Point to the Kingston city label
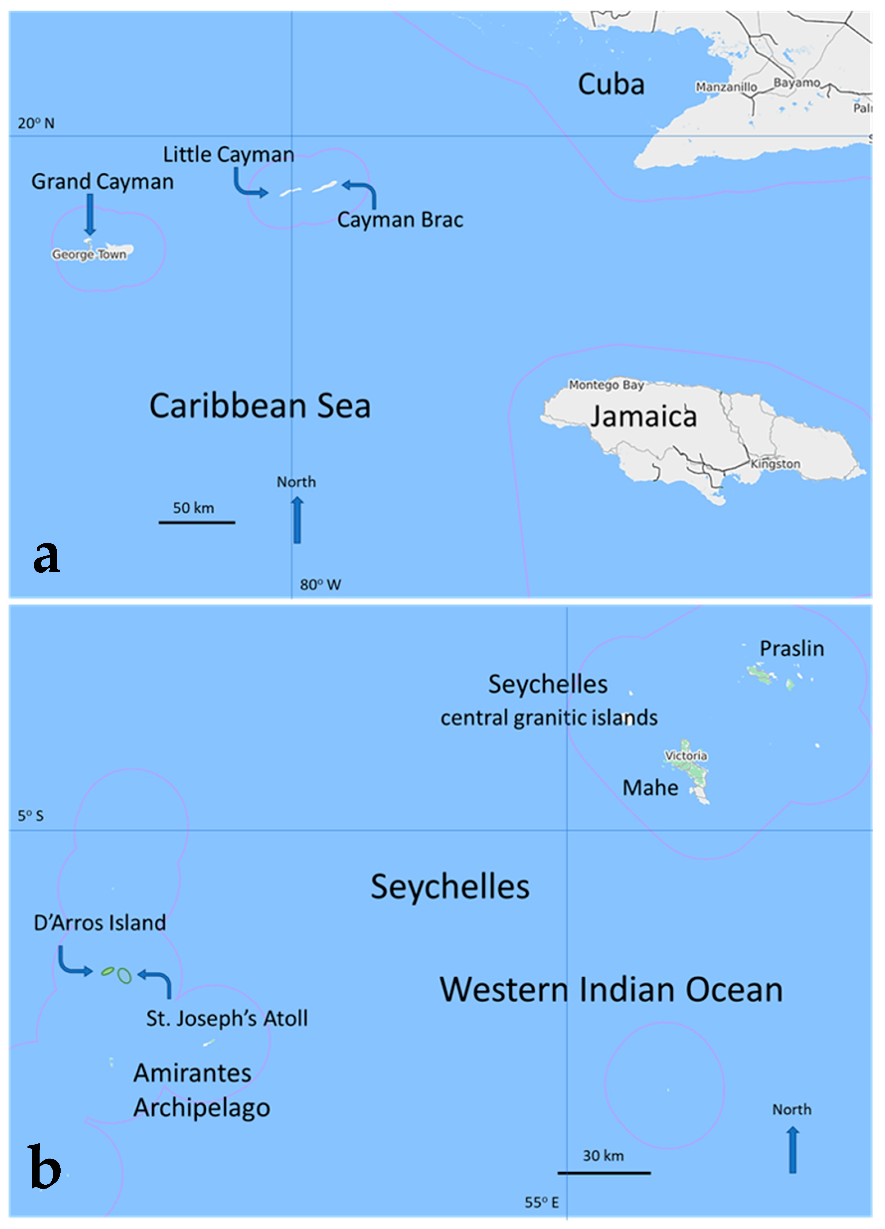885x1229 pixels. click(775, 464)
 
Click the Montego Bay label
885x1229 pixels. click(606, 385)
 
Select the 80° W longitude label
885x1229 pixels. click(320, 585)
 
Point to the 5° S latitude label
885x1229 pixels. click(30, 816)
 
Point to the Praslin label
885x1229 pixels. click(792, 649)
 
